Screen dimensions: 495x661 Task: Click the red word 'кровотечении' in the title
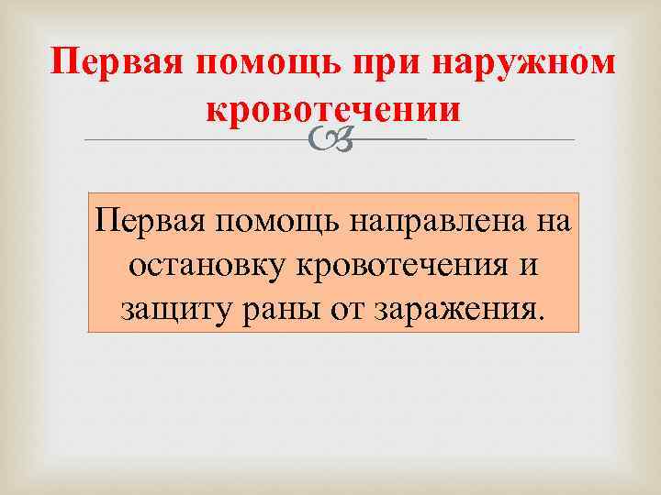[x=332, y=108]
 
